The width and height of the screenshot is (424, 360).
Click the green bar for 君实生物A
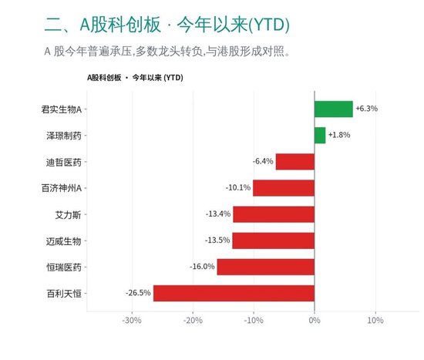click(334, 109)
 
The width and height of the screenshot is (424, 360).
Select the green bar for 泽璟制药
click(320, 135)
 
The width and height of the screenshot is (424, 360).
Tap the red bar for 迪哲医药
click(295, 162)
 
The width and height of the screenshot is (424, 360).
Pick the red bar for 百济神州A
click(284, 188)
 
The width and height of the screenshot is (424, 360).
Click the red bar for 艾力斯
click(274, 214)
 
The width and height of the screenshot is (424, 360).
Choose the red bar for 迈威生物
click(274, 241)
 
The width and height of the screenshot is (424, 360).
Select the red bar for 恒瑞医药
click(266, 267)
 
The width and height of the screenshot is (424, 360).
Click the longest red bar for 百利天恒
click(234, 293)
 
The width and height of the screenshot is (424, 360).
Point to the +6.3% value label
click(367, 109)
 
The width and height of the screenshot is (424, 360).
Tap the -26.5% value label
click(138, 293)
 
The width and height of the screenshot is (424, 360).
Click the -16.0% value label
click(202, 267)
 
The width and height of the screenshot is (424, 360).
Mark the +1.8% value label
click(339, 135)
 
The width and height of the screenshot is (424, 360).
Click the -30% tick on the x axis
click(132, 321)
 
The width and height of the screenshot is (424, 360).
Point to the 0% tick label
click(315, 321)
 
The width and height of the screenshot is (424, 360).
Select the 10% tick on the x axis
click(375, 321)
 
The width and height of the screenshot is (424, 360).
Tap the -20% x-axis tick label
click(193, 321)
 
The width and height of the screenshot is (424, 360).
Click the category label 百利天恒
click(64, 294)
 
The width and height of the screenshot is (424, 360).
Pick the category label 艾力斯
click(68, 215)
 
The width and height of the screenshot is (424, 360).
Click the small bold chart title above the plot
click(135, 78)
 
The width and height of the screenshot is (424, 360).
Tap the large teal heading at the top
click(167, 25)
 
